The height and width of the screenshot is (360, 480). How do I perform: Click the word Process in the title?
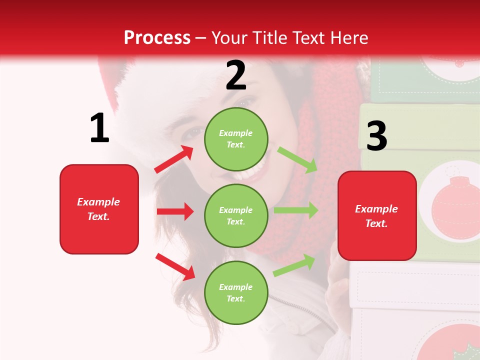157,38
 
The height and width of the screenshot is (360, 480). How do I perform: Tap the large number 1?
99,128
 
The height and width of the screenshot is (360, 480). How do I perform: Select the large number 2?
236,76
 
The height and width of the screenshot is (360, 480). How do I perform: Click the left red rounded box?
99,209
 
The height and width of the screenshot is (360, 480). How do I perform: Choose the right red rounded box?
377,216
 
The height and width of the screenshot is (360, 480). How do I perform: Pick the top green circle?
236,139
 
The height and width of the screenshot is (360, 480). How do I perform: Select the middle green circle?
236,215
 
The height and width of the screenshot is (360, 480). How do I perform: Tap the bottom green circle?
236,292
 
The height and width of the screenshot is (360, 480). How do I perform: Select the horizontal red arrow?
175,211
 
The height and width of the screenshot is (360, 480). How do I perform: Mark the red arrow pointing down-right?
175,266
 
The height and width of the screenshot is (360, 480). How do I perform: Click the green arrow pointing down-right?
297,160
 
